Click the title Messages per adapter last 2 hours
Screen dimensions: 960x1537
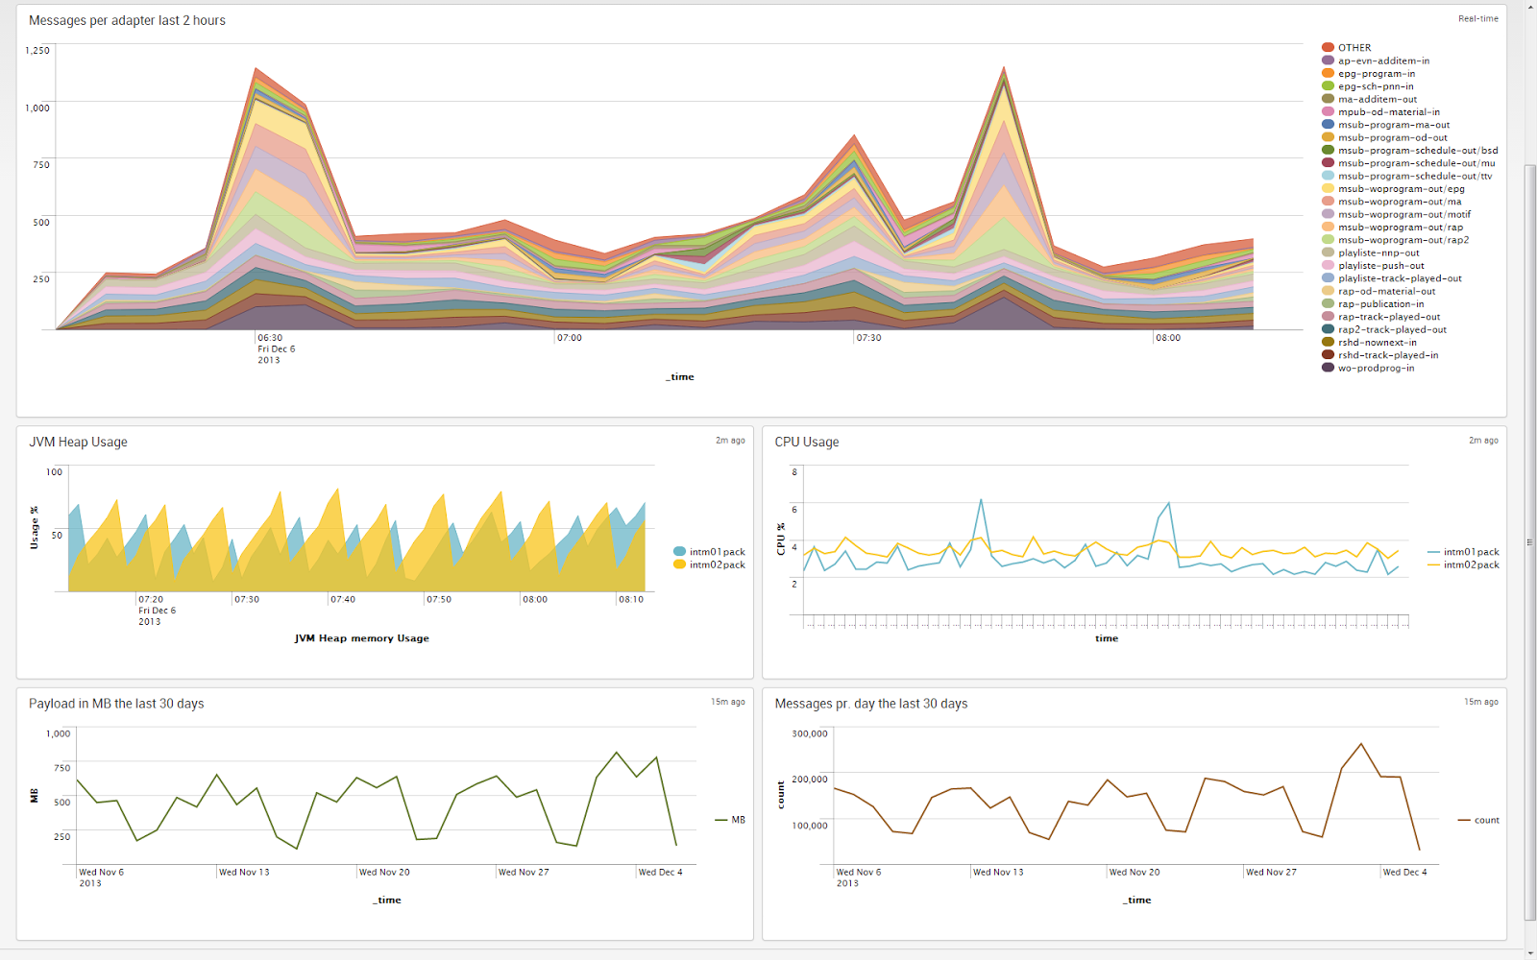point(127,20)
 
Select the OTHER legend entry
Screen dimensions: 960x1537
point(1354,47)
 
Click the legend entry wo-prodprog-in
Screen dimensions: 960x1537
point(1376,368)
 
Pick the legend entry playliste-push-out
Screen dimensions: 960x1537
point(1380,266)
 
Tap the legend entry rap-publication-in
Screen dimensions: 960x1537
point(1380,304)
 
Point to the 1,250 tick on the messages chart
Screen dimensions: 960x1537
point(37,50)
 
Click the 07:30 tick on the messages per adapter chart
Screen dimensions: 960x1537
point(868,338)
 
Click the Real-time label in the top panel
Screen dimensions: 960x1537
point(1477,18)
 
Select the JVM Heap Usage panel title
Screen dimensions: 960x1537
point(78,442)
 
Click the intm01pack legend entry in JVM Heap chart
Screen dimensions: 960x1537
point(717,552)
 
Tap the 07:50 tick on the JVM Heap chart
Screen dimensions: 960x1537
point(439,599)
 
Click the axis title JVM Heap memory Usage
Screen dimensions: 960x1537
point(361,638)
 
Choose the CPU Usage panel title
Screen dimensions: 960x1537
point(807,442)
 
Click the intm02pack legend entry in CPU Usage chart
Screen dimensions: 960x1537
point(1471,565)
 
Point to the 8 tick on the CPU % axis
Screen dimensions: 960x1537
point(794,472)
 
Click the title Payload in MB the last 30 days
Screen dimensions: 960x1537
point(116,704)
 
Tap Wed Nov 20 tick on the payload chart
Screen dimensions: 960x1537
point(384,873)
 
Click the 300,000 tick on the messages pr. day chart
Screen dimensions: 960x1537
point(810,733)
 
